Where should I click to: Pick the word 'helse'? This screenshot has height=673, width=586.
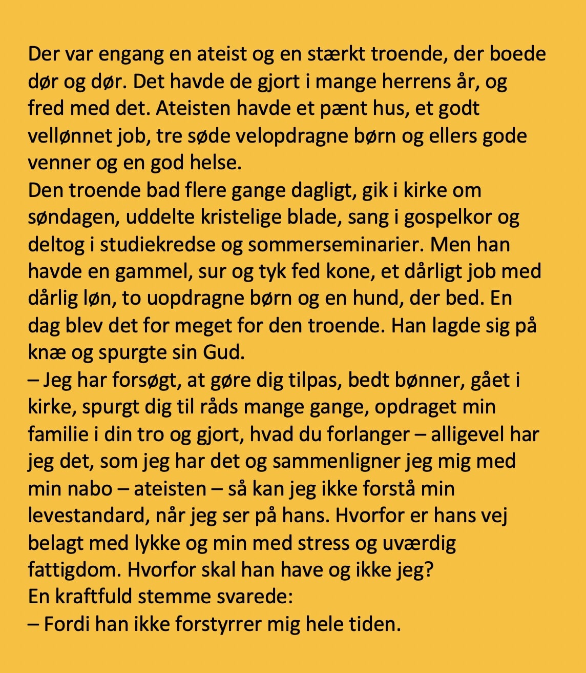(x=213, y=163)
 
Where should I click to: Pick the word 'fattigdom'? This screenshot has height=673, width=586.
(x=74, y=570)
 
